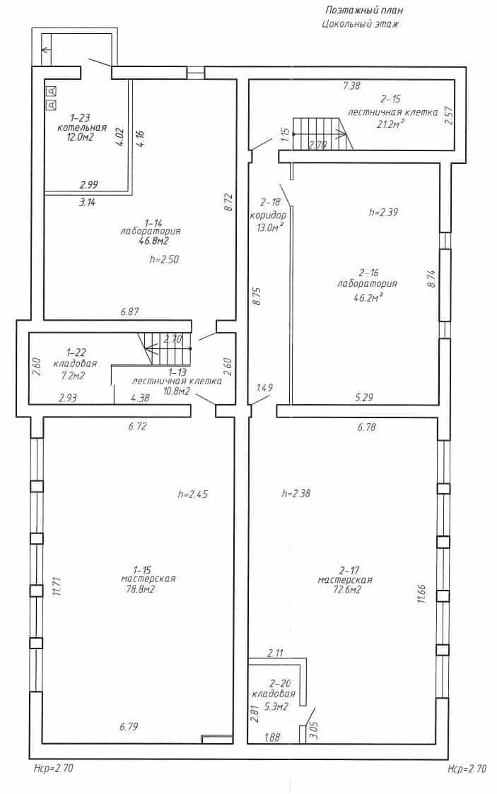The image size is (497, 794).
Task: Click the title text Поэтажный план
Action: tap(364, 10)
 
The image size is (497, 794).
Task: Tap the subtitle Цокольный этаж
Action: tap(360, 23)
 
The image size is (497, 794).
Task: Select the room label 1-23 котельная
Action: tap(82, 122)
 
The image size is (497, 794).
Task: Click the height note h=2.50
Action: tap(164, 259)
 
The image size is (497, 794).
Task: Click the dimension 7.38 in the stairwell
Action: tap(351, 85)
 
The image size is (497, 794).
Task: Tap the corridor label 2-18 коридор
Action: tap(268, 210)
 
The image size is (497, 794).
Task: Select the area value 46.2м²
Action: tap(368, 298)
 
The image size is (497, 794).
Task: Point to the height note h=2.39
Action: tap(383, 212)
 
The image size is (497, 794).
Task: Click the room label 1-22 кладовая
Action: tap(75, 357)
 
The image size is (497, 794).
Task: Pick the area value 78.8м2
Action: tap(141, 589)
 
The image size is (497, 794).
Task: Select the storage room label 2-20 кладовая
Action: tap(274, 689)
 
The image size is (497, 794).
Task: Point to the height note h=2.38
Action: tap(296, 492)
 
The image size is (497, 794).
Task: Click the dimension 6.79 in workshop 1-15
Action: tap(129, 727)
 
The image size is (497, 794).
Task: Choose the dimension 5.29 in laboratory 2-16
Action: tap(364, 398)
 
